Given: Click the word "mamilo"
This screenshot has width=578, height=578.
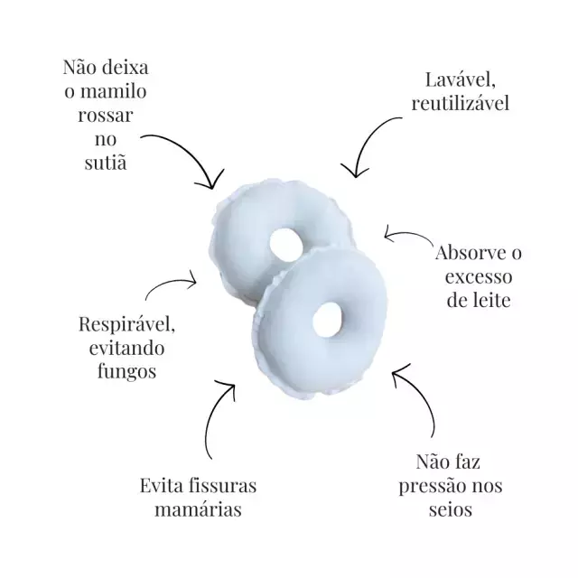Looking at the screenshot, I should pyautogui.click(x=119, y=92).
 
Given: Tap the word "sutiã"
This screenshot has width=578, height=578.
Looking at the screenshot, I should pyautogui.click(x=106, y=163).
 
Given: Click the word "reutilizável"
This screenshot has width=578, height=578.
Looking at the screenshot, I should pyautogui.click(x=461, y=103).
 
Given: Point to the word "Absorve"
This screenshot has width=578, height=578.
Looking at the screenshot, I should pyautogui.click(x=468, y=253).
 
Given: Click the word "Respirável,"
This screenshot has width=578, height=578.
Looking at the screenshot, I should pyautogui.click(x=115, y=322).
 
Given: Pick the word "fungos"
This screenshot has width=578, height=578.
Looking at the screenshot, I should pyautogui.click(x=114, y=369).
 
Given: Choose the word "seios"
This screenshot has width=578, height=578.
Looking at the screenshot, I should pyautogui.click(x=448, y=509).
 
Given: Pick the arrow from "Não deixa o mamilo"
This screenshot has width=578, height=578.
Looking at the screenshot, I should pyautogui.click(x=185, y=155).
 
